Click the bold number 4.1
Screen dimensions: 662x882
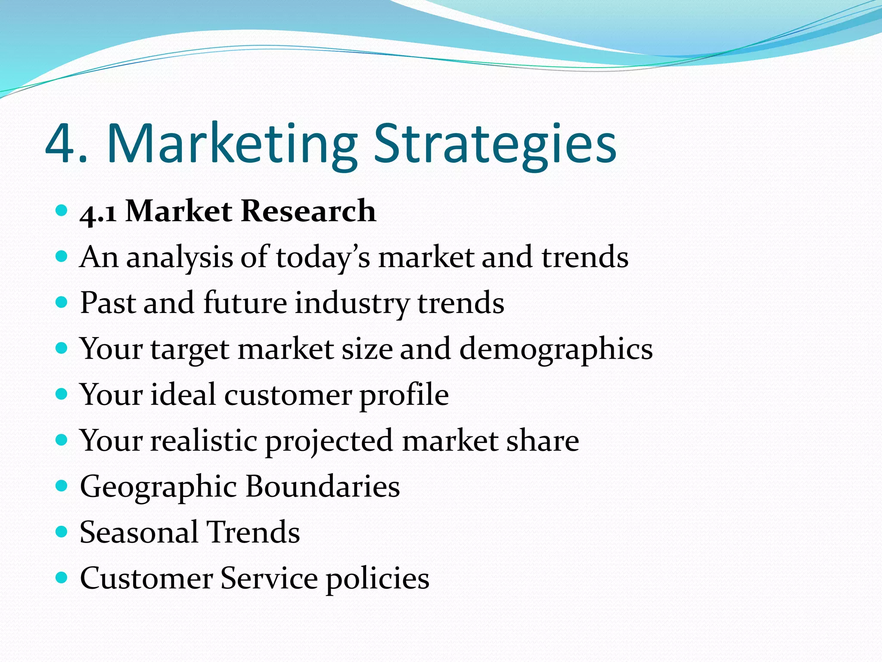coord(98,212)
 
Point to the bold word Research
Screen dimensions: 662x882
coord(308,211)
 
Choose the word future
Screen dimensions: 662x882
coord(245,303)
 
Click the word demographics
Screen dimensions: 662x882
coord(556,349)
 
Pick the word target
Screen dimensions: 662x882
coord(189,349)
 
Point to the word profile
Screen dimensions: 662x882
coord(404,395)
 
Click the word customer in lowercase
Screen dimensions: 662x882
coord(288,395)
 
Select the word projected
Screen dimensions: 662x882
coord(329,441)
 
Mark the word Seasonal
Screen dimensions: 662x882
coord(139,532)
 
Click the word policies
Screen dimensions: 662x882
coord(378,579)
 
